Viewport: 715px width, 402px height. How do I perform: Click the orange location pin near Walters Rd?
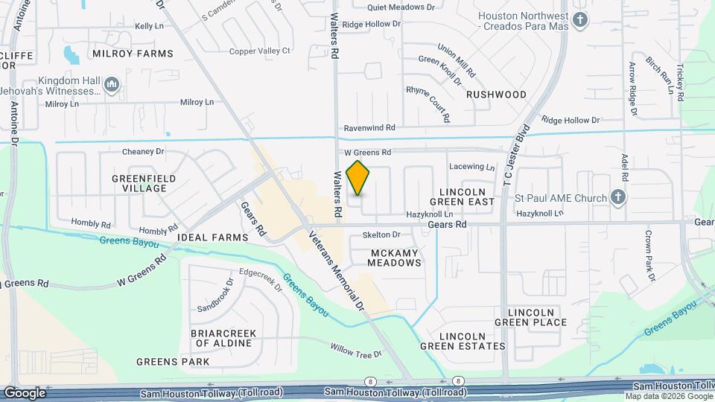[358, 178]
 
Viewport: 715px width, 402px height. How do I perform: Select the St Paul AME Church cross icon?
[617, 197]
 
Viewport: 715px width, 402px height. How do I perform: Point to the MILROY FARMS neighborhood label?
[133, 54]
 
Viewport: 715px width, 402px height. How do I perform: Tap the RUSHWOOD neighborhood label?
[496, 95]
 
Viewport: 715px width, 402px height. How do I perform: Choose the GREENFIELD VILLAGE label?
[144, 183]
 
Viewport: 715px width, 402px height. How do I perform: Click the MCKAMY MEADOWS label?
[395, 258]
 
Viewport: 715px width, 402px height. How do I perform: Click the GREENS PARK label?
[173, 362]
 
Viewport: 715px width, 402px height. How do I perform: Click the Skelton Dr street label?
[381, 234]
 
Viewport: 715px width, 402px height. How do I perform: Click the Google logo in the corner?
[25, 392]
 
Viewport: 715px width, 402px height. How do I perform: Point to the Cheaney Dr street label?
[143, 151]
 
